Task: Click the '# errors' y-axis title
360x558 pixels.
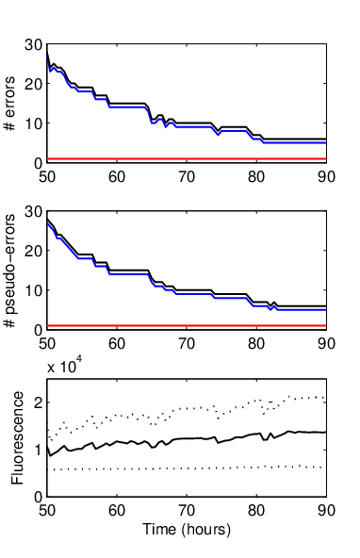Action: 10,103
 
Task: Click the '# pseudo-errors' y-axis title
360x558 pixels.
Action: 10,271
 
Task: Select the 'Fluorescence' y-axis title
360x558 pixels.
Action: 17,437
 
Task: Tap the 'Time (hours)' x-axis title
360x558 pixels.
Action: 187,530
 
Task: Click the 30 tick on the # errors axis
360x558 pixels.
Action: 33,45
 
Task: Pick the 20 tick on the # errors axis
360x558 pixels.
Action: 33,84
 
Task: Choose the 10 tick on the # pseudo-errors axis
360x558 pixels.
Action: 33,290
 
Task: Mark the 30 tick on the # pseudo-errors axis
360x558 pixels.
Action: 33,211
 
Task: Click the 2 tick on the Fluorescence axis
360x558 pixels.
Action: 39,402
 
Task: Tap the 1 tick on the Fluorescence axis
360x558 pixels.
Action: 39,450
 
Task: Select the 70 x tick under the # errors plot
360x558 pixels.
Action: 187,177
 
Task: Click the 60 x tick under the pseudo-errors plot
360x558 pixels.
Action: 117,344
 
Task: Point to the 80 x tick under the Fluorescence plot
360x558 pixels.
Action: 256,511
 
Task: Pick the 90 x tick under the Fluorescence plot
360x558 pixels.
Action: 326,511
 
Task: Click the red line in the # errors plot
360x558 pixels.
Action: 187,158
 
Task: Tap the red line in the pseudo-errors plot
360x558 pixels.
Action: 187,325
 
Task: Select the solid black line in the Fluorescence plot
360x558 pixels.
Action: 187,438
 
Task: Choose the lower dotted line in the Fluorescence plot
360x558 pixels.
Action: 187,468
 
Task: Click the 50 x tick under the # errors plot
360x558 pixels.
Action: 47,177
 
